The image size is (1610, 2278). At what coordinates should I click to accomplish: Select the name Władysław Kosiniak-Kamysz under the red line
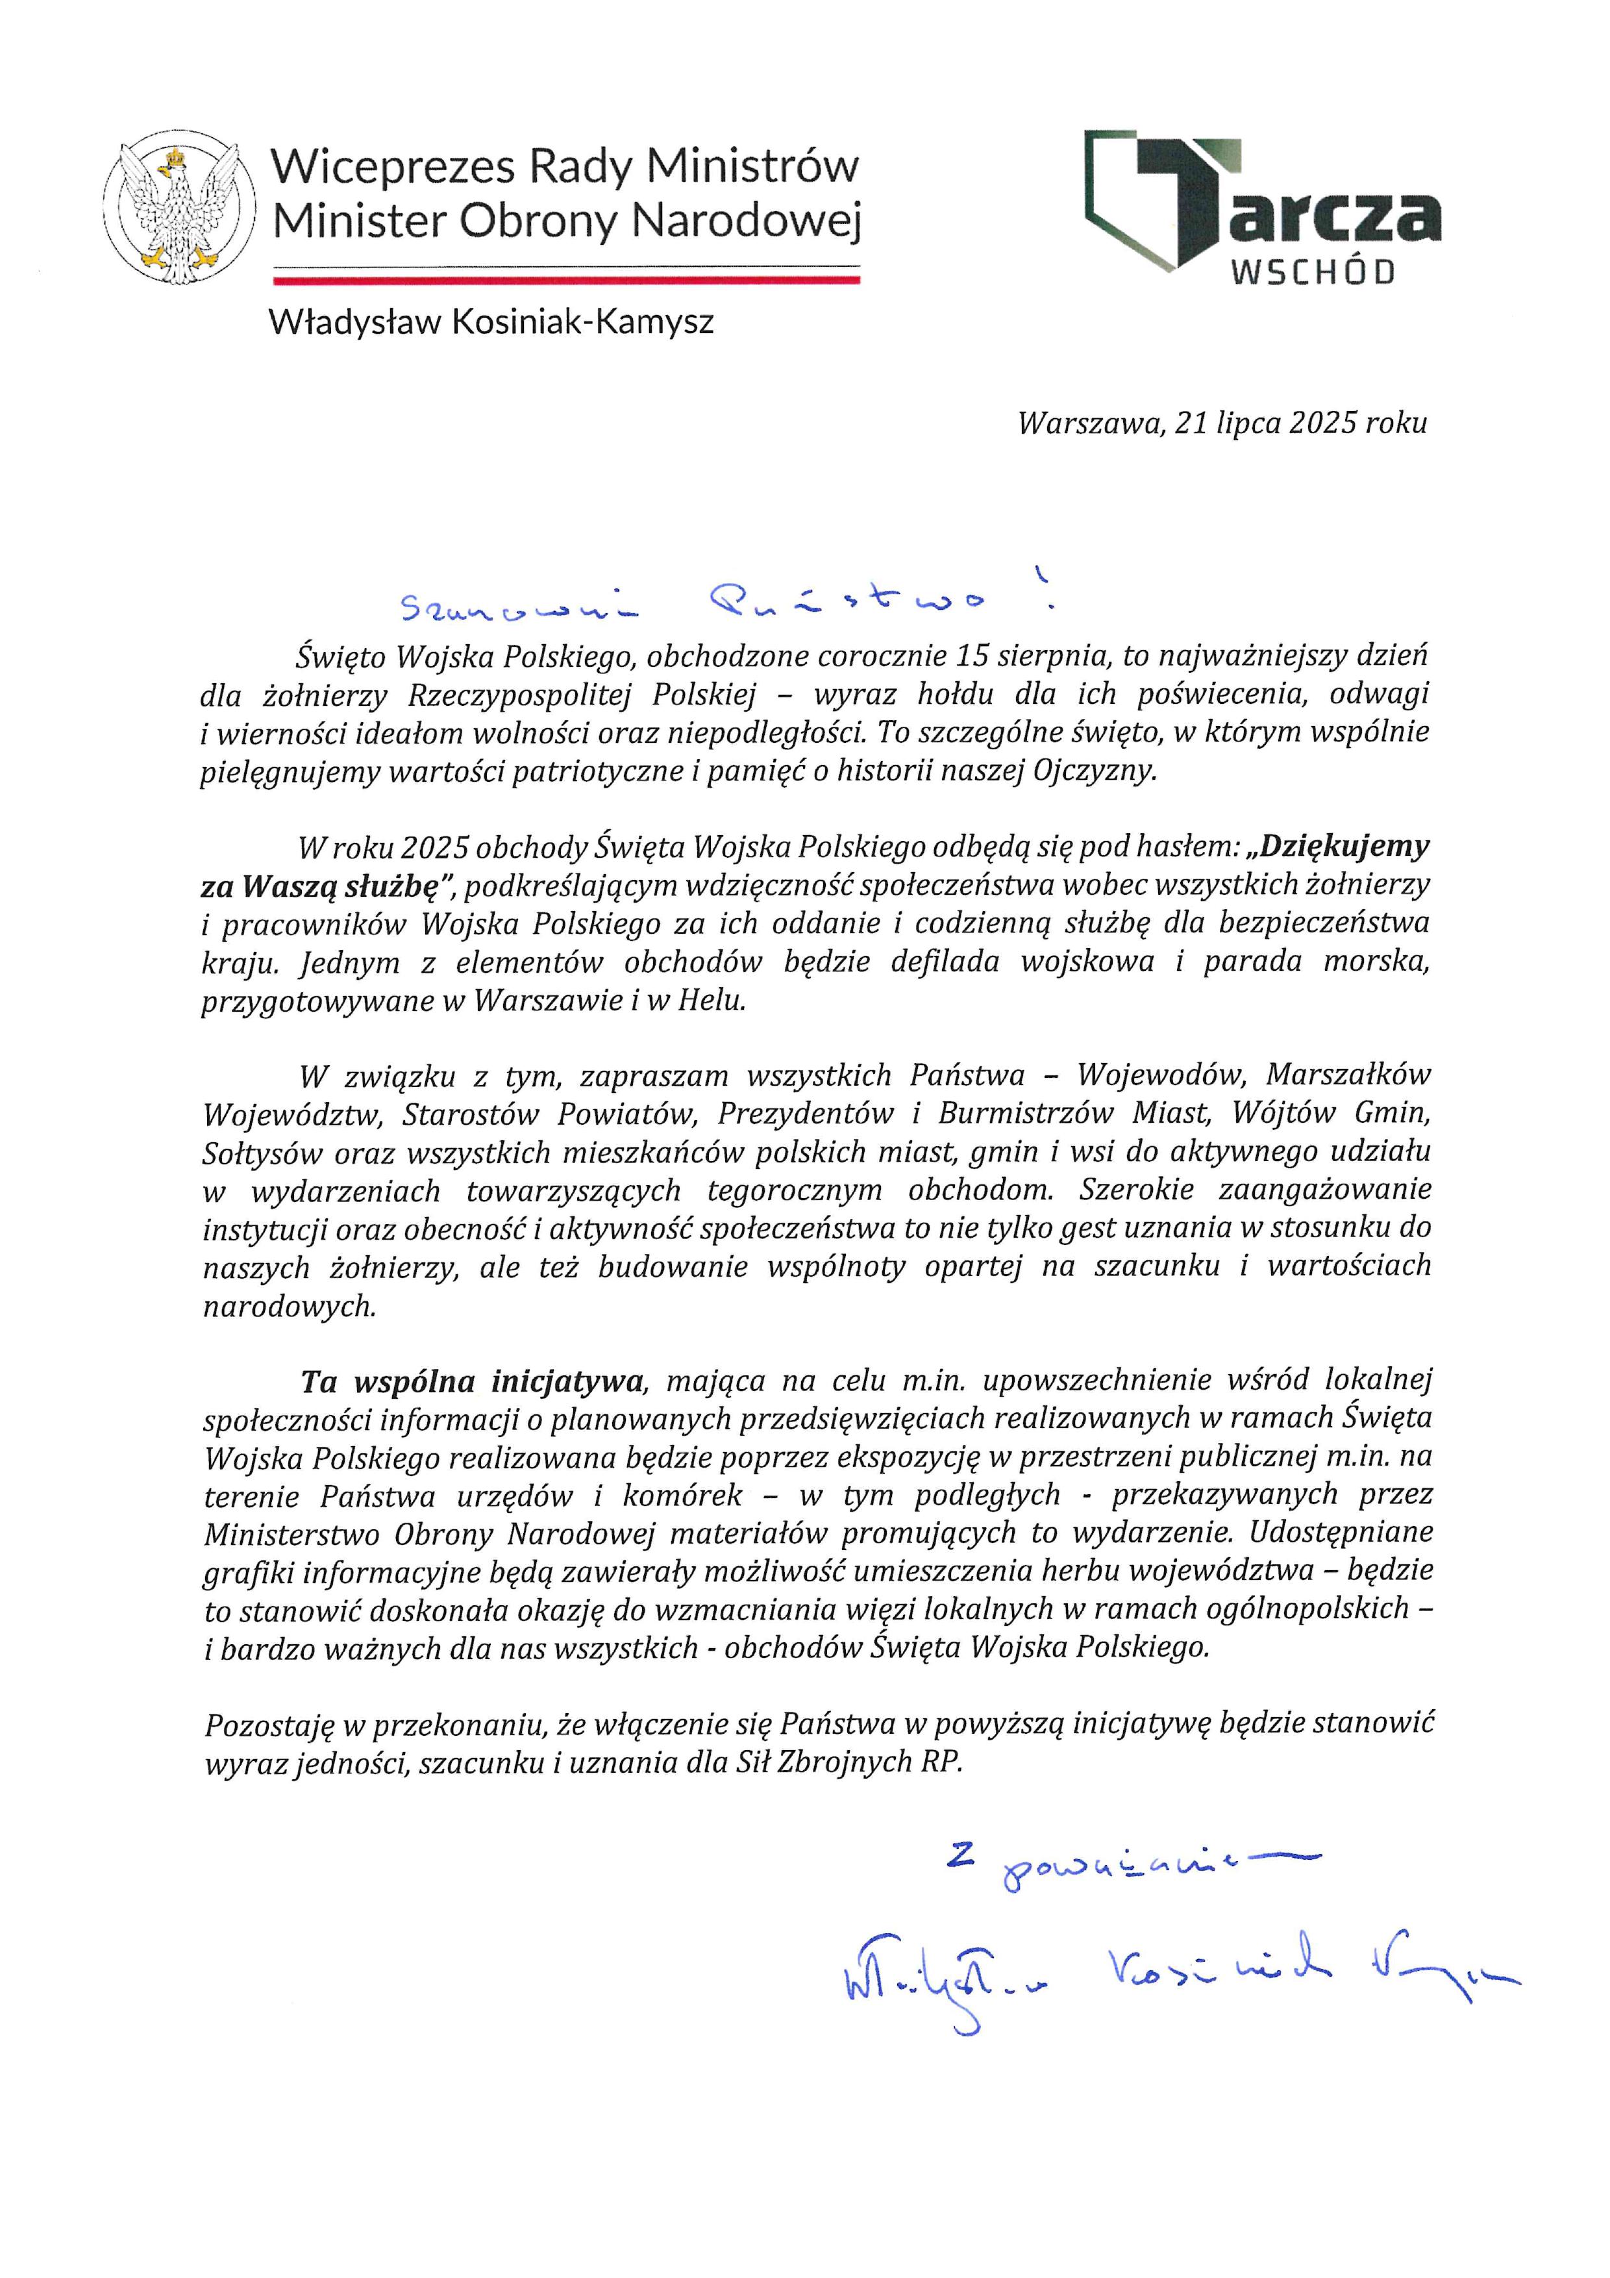point(491,321)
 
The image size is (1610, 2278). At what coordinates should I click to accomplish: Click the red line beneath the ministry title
point(565,281)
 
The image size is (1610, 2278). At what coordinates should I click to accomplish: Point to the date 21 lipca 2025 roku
point(1300,423)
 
